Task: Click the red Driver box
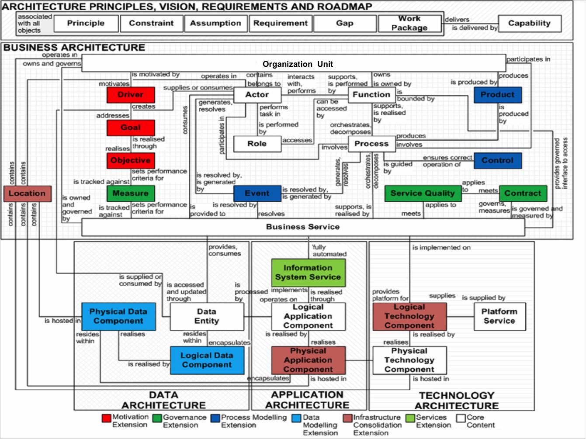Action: click(x=131, y=95)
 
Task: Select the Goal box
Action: click(x=131, y=128)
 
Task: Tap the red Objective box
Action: click(x=131, y=160)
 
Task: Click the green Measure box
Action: click(x=131, y=193)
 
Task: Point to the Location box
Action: click(x=28, y=194)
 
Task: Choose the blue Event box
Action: click(x=257, y=193)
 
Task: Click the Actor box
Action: click(x=257, y=95)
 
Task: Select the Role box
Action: click(x=257, y=144)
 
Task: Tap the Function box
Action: click(x=371, y=95)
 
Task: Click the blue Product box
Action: click(x=498, y=95)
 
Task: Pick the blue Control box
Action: click(x=498, y=160)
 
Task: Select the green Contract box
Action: click(x=523, y=193)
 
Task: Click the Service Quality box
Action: click(x=423, y=193)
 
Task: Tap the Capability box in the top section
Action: click(x=530, y=24)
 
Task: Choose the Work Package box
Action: click(x=409, y=24)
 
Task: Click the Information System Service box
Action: click(x=309, y=273)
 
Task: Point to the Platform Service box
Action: click(x=500, y=317)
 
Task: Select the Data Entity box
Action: click(x=207, y=317)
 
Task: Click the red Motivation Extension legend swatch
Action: click(x=107, y=418)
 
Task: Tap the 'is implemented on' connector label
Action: click(x=441, y=248)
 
